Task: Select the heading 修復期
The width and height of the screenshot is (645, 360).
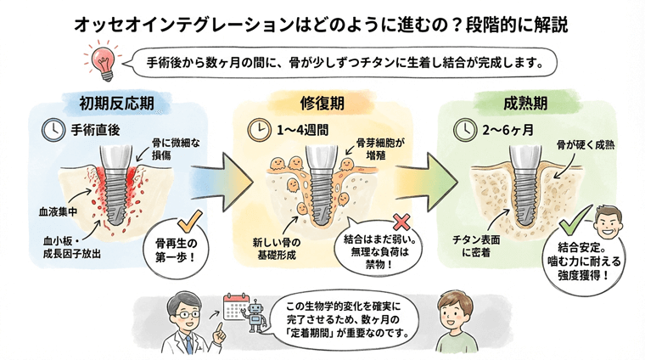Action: point(323,104)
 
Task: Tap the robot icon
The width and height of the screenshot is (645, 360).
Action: point(251,323)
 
